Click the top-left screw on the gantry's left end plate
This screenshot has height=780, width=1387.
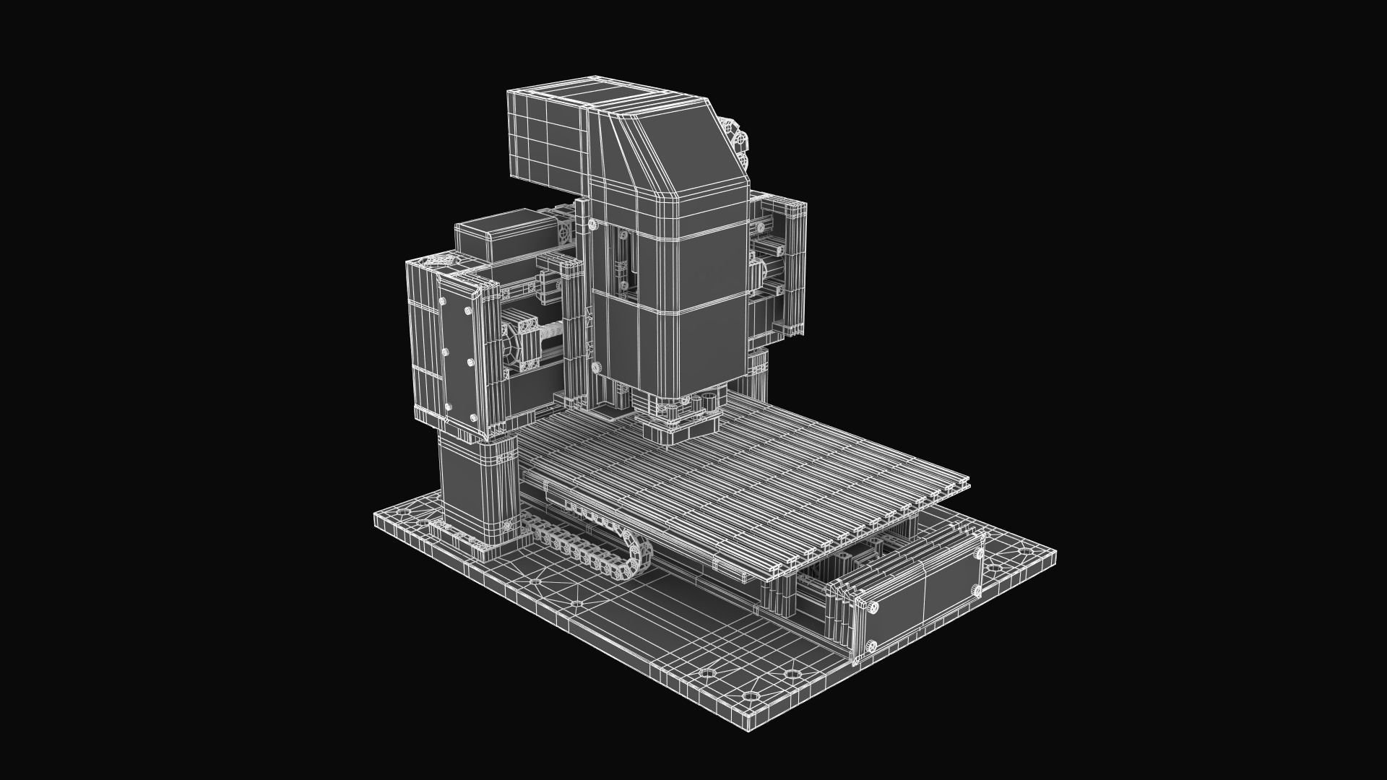pyautogui.click(x=442, y=301)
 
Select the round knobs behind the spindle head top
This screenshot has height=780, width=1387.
pyautogui.click(x=738, y=141)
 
